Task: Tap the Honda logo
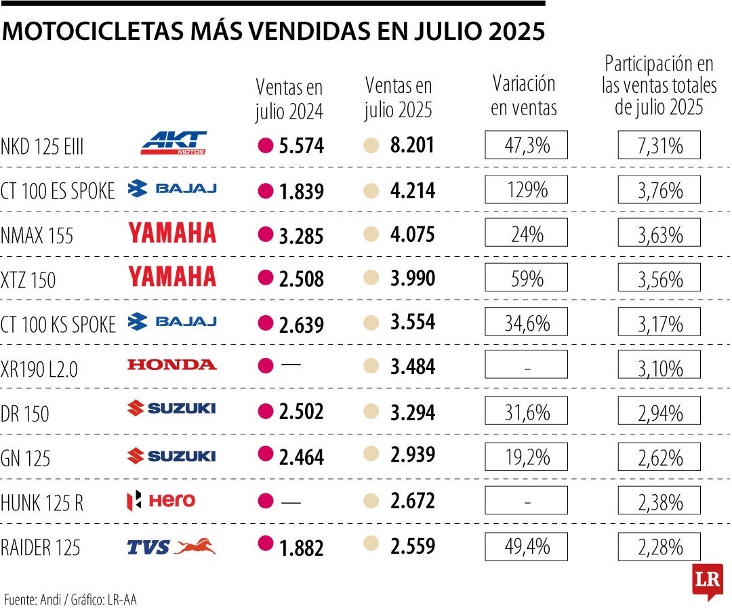click(x=172, y=365)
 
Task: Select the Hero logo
click(x=161, y=501)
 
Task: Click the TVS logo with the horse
click(x=171, y=546)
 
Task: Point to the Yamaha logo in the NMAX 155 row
click(x=172, y=233)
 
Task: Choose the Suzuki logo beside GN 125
click(x=171, y=456)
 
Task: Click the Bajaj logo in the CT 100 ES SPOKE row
click(x=172, y=188)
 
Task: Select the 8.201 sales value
click(x=412, y=144)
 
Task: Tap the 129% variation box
click(x=527, y=190)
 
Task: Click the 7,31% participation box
click(x=659, y=145)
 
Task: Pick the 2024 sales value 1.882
click(x=301, y=548)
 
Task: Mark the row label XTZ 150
click(x=28, y=281)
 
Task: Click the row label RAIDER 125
click(x=41, y=548)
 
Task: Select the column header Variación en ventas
click(x=523, y=96)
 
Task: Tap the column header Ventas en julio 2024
click(x=289, y=99)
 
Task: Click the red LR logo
click(x=707, y=581)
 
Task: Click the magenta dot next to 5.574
click(x=266, y=144)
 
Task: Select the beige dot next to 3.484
click(x=371, y=367)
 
